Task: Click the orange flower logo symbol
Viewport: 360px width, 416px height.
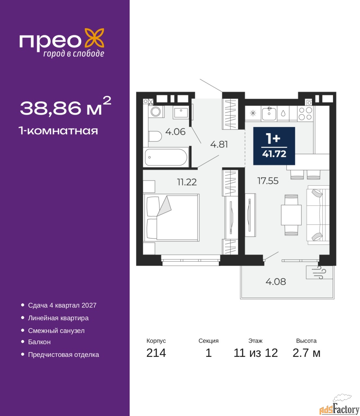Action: click(94, 38)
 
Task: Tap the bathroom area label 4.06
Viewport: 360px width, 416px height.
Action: click(175, 132)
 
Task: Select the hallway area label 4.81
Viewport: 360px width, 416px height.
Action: click(219, 145)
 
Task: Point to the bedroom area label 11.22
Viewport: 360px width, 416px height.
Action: click(187, 182)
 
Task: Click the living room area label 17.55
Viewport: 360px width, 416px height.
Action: click(268, 181)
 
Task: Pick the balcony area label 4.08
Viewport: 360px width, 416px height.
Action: click(276, 281)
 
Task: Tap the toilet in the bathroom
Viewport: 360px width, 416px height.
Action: click(155, 136)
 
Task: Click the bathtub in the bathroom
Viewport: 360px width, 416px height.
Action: click(166, 157)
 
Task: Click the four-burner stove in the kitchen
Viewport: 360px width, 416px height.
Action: click(305, 113)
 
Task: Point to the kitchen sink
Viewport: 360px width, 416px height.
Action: click(269, 113)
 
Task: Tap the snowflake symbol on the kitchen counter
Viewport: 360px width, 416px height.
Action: click(253, 113)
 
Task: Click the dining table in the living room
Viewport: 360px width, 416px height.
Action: click(291, 215)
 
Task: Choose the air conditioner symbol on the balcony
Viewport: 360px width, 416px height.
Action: click(319, 272)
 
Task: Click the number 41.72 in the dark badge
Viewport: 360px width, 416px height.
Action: click(274, 154)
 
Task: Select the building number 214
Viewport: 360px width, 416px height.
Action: click(156, 353)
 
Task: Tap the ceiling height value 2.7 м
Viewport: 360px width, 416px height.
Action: click(306, 353)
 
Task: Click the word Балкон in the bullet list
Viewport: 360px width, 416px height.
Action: click(39, 342)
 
